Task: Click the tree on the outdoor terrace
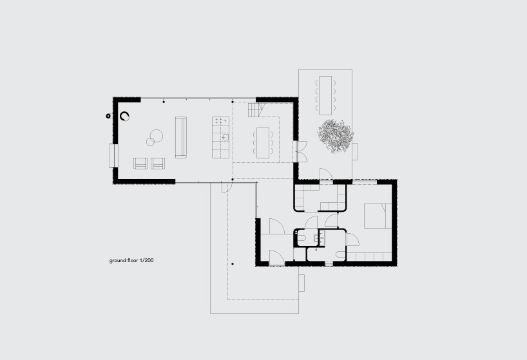(x=336, y=136)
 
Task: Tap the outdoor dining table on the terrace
(x=325, y=95)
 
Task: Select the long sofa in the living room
(x=181, y=137)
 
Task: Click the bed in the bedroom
(x=378, y=216)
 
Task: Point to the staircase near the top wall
(x=256, y=110)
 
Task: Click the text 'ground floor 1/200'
(x=131, y=261)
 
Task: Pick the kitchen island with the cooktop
(x=220, y=137)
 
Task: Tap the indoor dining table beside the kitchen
(x=263, y=143)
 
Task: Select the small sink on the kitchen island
(x=225, y=137)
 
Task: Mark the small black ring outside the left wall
(x=108, y=116)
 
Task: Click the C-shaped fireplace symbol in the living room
(x=125, y=116)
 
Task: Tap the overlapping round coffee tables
(x=154, y=138)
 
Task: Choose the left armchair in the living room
(x=140, y=163)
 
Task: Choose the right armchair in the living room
(x=158, y=163)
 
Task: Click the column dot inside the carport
(x=233, y=264)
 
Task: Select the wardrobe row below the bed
(x=369, y=257)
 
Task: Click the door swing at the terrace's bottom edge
(x=326, y=175)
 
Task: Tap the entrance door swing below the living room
(x=226, y=187)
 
